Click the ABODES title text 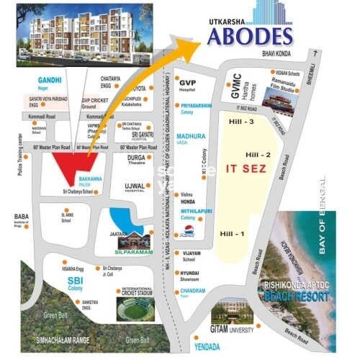(250, 35)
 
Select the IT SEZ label (246, 168)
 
